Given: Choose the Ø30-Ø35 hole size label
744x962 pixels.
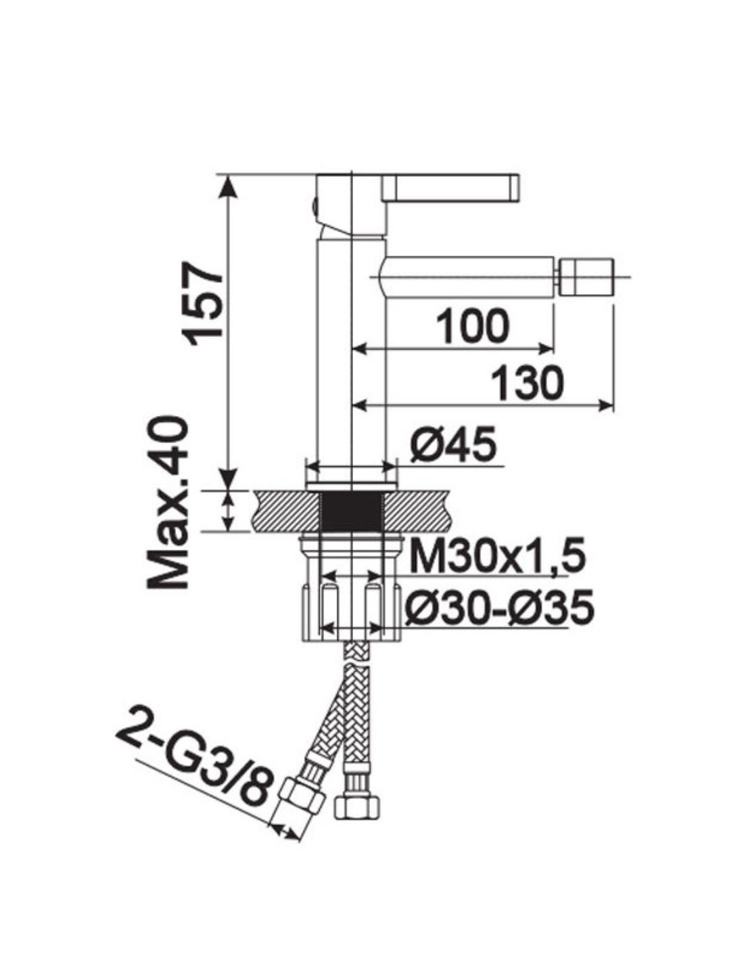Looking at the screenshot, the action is tap(498, 606).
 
